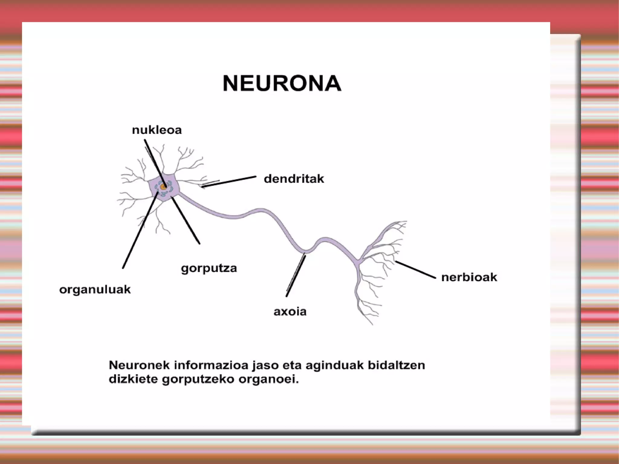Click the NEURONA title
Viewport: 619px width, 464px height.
tap(282, 83)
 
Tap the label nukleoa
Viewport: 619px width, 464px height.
tap(157, 130)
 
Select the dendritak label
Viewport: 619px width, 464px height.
tap(294, 179)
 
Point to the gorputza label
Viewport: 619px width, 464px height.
tap(209, 268)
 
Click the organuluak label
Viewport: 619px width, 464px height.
tap(95, 290)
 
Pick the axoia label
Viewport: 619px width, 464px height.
tap(290, 311)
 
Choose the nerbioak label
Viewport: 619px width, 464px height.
tap(469, 277)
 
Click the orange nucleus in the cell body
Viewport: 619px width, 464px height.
tap(164, 187)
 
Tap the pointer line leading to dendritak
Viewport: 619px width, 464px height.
tap(230, 182)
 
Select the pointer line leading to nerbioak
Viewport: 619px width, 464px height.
tap(415, 269)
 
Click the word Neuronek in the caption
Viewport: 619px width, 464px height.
tap(139, 365)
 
